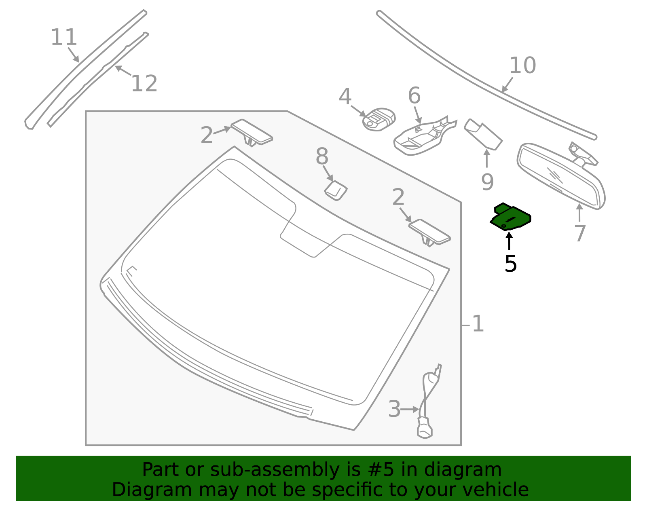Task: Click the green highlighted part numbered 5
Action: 510,218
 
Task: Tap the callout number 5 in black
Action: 511,264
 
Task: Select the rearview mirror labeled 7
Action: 561,175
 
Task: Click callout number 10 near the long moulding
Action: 523,66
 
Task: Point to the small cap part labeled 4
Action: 379,119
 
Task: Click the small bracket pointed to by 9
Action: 483,134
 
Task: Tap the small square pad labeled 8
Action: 336,190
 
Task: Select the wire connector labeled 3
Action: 429,402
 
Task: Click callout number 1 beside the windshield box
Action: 478,324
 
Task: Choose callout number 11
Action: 64,38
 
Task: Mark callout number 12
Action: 144,84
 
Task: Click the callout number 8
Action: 322,156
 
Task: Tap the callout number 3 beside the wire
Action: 395,409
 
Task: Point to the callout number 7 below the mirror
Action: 580,233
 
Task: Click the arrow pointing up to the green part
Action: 509,241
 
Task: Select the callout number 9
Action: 487,182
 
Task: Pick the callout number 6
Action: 414,96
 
